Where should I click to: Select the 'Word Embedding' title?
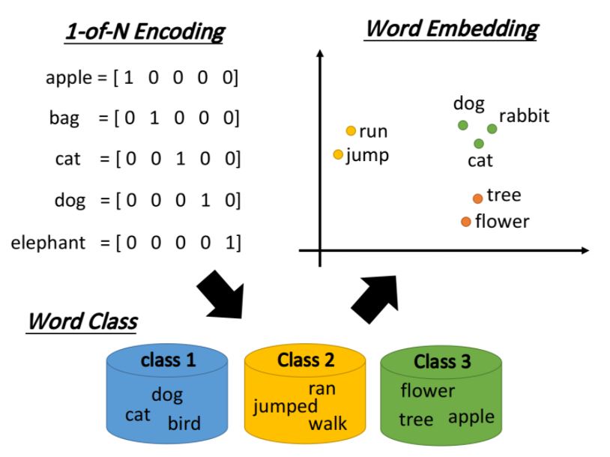(451, 29)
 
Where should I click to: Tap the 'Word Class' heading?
(82, 321)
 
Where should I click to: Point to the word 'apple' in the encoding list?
(67, 77)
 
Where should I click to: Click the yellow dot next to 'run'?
(350, 131)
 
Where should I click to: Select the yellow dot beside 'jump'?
(337, 155)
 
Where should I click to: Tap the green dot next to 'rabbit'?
(492, 128)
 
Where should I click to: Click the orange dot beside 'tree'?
(477, 198)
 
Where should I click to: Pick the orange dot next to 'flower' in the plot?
(466, 221)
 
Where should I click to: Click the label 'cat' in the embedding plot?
(480, 160)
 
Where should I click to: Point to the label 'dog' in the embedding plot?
(468, 104)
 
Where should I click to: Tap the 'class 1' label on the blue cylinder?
(168, 360)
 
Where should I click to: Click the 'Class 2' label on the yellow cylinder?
(305, 360)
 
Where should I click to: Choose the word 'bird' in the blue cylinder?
(184, 423)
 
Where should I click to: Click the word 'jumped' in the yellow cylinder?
(285, 407)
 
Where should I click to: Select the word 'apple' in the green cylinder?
(471, 417)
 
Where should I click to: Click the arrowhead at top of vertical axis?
(321, 54)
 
